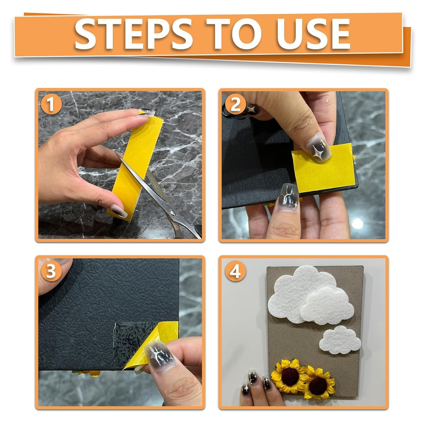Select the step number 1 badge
(51, 105)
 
